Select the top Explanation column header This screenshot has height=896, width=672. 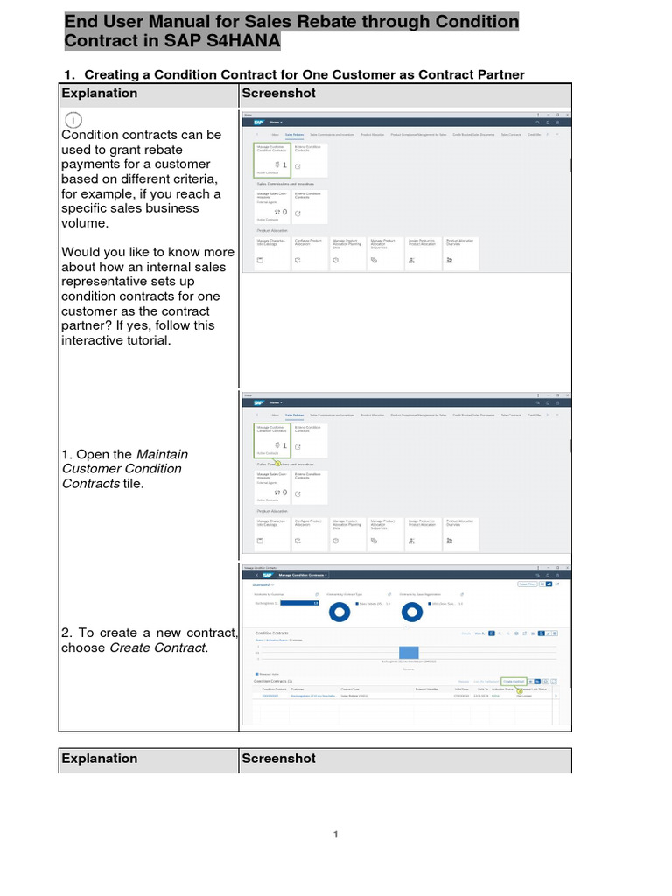point(100,94)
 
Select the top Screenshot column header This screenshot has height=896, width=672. point(278,94)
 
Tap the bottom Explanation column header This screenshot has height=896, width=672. point(100,759)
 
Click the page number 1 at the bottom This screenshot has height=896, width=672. point(335,835)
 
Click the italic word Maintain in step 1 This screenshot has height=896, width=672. point(163,454)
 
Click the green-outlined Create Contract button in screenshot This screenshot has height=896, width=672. point(514,681)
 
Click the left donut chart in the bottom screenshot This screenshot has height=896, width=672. point(337,612)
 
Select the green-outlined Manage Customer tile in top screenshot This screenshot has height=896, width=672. point(271,158)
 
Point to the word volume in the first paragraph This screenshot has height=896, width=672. point(80,223)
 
